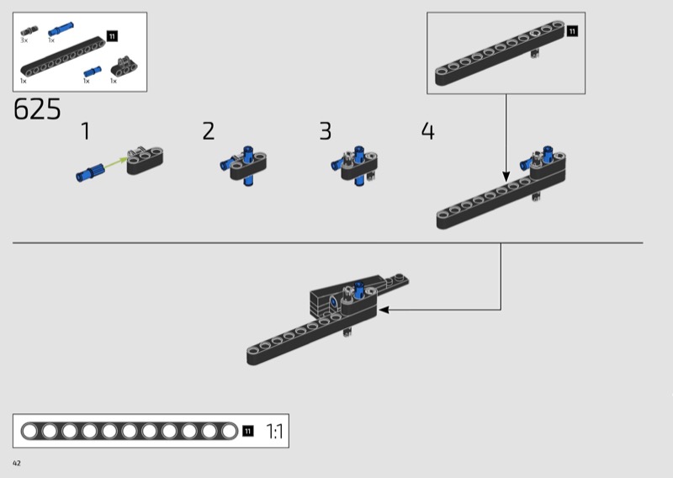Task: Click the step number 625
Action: (37, 109)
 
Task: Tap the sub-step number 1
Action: (86, 131)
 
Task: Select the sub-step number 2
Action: (208, 131)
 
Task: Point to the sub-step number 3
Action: (326, 131)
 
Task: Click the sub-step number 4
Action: (428, 131)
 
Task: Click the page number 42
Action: (17, 463)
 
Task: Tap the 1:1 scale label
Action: (275, 431)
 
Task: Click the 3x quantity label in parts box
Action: (24, 40)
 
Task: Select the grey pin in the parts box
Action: (29, 30)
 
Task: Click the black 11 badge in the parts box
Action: (112, 36)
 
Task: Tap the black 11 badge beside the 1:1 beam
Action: (247, 431)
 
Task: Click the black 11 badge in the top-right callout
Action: (572, 31)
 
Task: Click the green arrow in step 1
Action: (115, 163)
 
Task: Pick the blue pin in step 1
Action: (90, 173)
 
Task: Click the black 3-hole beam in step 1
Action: (145, 161)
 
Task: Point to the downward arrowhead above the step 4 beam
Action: (506, 177)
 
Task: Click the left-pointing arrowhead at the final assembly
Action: (384, 310)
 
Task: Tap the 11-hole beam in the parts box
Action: (62, 57)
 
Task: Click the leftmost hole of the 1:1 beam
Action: (29, 431)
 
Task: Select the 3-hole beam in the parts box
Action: (125, 67)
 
